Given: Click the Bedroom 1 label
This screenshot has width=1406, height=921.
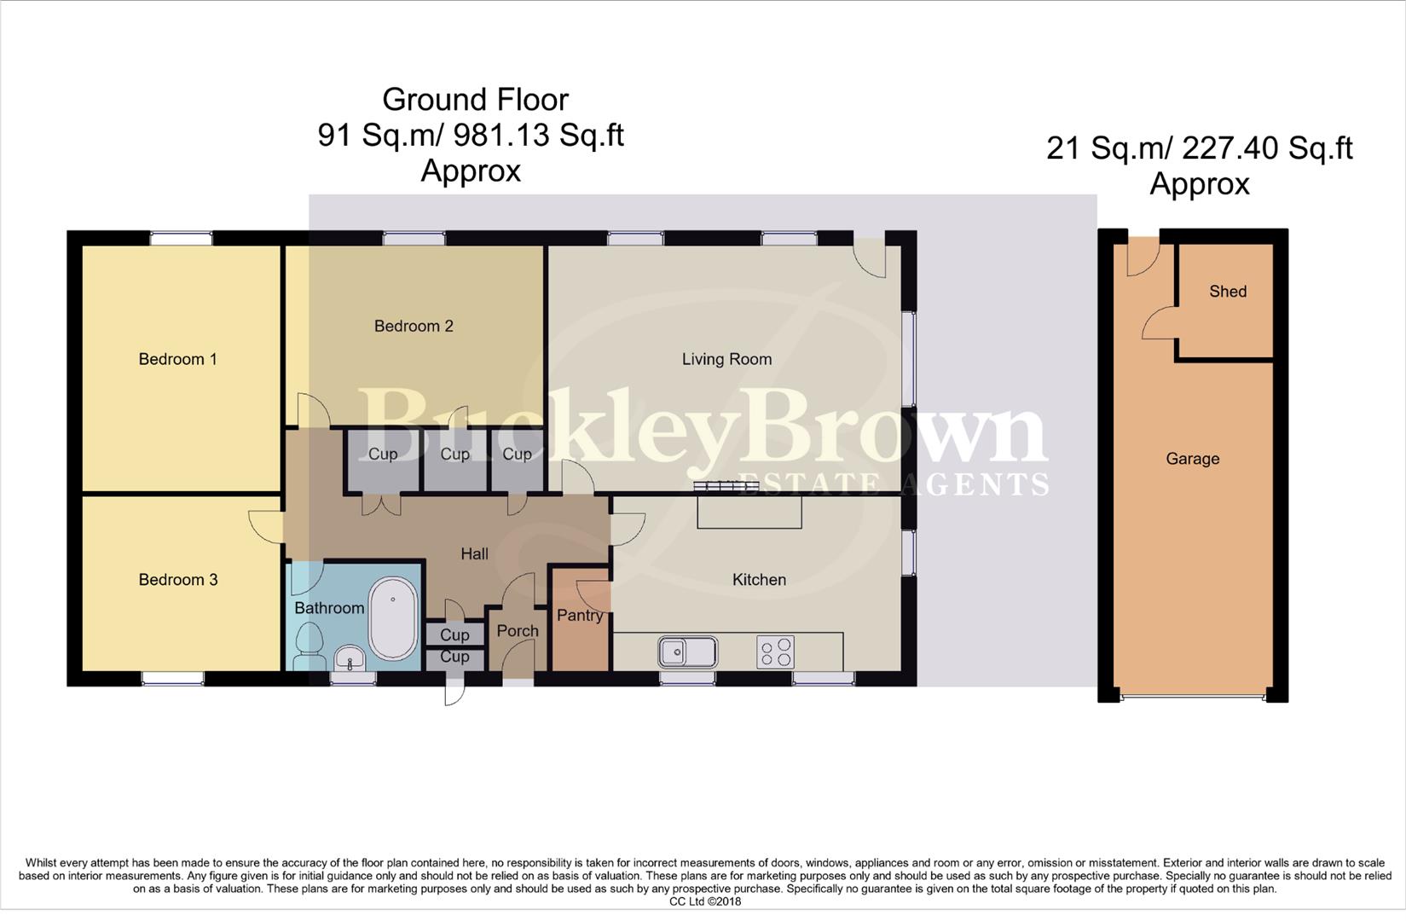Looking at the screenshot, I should pos(177,359).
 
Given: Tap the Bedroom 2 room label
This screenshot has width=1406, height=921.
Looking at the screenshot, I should pos(414,326).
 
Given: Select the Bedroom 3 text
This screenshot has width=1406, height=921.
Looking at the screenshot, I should pos(177,580).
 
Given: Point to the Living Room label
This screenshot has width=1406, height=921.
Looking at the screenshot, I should pos(726,359).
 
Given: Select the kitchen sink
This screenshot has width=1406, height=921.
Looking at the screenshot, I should pos(687,652).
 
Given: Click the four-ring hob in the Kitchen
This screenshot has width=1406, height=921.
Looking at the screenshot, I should pos(775,652).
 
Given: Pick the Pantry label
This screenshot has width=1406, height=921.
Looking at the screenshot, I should pos(580,615).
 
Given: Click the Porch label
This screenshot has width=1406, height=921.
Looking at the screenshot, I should pos(517,631).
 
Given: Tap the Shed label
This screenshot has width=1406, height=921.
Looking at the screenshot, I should pos(1228,292).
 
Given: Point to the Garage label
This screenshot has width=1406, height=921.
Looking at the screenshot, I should pos(1192,459).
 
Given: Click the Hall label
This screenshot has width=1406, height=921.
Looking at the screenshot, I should pos(474,554).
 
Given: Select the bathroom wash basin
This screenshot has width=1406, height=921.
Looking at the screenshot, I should pos(350,658).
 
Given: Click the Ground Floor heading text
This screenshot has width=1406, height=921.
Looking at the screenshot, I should pos(475,100).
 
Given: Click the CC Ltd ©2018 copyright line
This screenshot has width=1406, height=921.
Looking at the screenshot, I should pos(704,901).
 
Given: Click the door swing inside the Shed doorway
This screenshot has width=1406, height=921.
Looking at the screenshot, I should pos(1158,324).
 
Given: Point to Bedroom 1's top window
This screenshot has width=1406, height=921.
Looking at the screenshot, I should pos(181,239).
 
